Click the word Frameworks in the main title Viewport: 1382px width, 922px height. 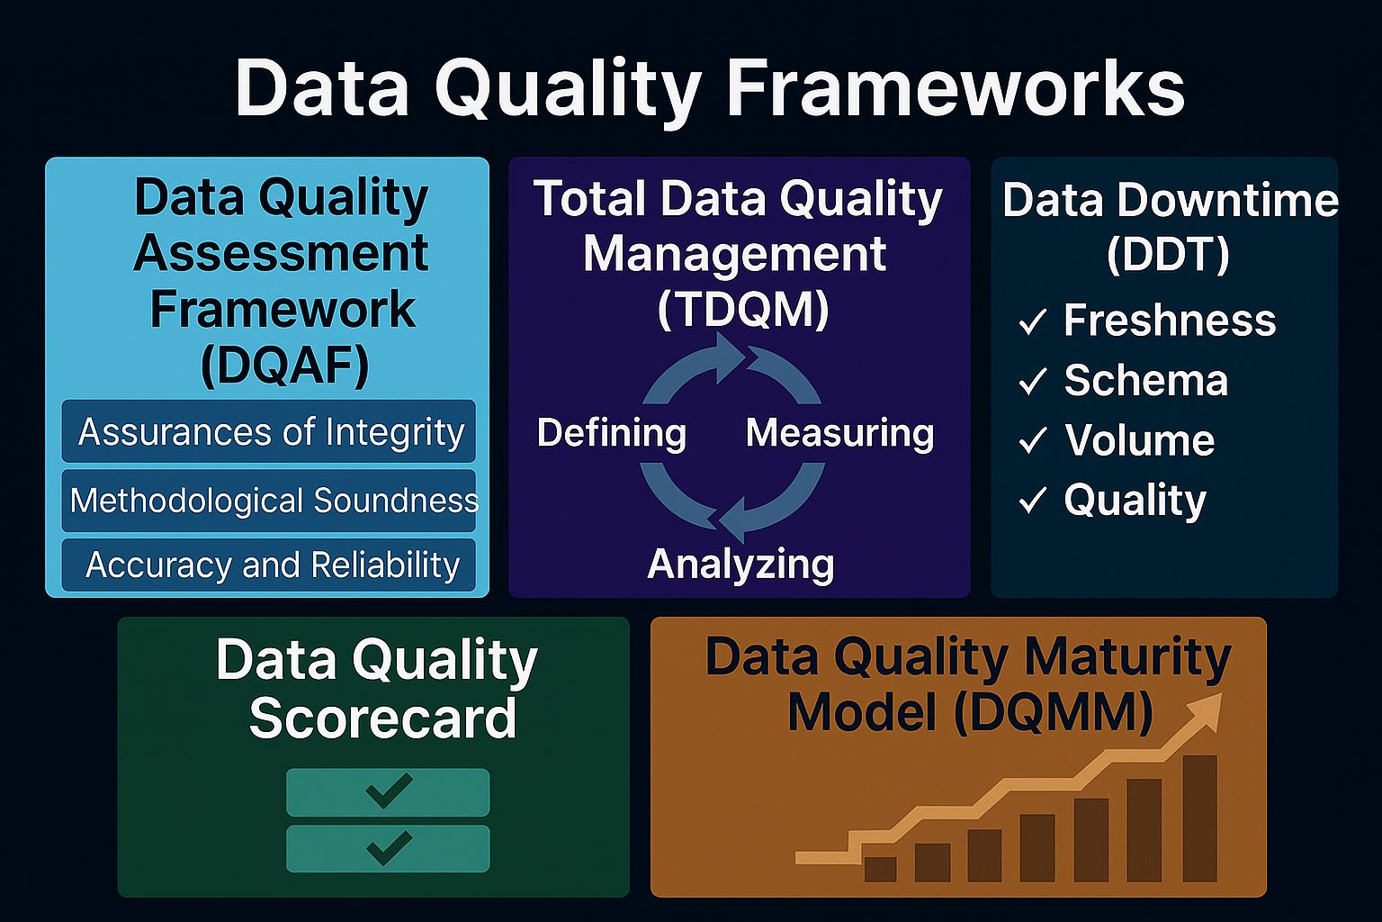[x=955, y=88]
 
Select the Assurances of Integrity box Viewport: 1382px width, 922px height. [x=269, y=431]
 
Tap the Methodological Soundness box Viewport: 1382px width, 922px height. [x=269, y=500]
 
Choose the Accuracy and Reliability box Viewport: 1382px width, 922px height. [x=269, y=565]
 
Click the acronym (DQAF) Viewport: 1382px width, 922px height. [x=284, y=365]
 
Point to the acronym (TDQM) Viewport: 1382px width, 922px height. [x=742, y=310]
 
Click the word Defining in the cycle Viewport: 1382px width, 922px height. [x=611, y=433]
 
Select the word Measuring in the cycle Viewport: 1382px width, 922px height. [x=839, y=433]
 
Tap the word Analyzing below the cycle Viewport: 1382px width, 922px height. [x=740, y=565]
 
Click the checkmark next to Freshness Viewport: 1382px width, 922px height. [x=1032, y=321]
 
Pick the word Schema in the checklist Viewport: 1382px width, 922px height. [x=1145, y=380]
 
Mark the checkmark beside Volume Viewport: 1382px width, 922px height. [x=1032, y=440]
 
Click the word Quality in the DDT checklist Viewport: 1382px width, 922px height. [x=1135, y=500]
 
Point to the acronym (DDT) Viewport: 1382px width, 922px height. [x=1168, y=255]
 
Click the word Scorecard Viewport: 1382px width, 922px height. [x=382, y=718]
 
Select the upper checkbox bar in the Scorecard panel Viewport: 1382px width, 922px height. [x=388, y=791]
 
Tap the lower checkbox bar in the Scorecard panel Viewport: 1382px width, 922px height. [x=388, y=848]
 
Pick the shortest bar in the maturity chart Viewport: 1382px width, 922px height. [x=880, y=869]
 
